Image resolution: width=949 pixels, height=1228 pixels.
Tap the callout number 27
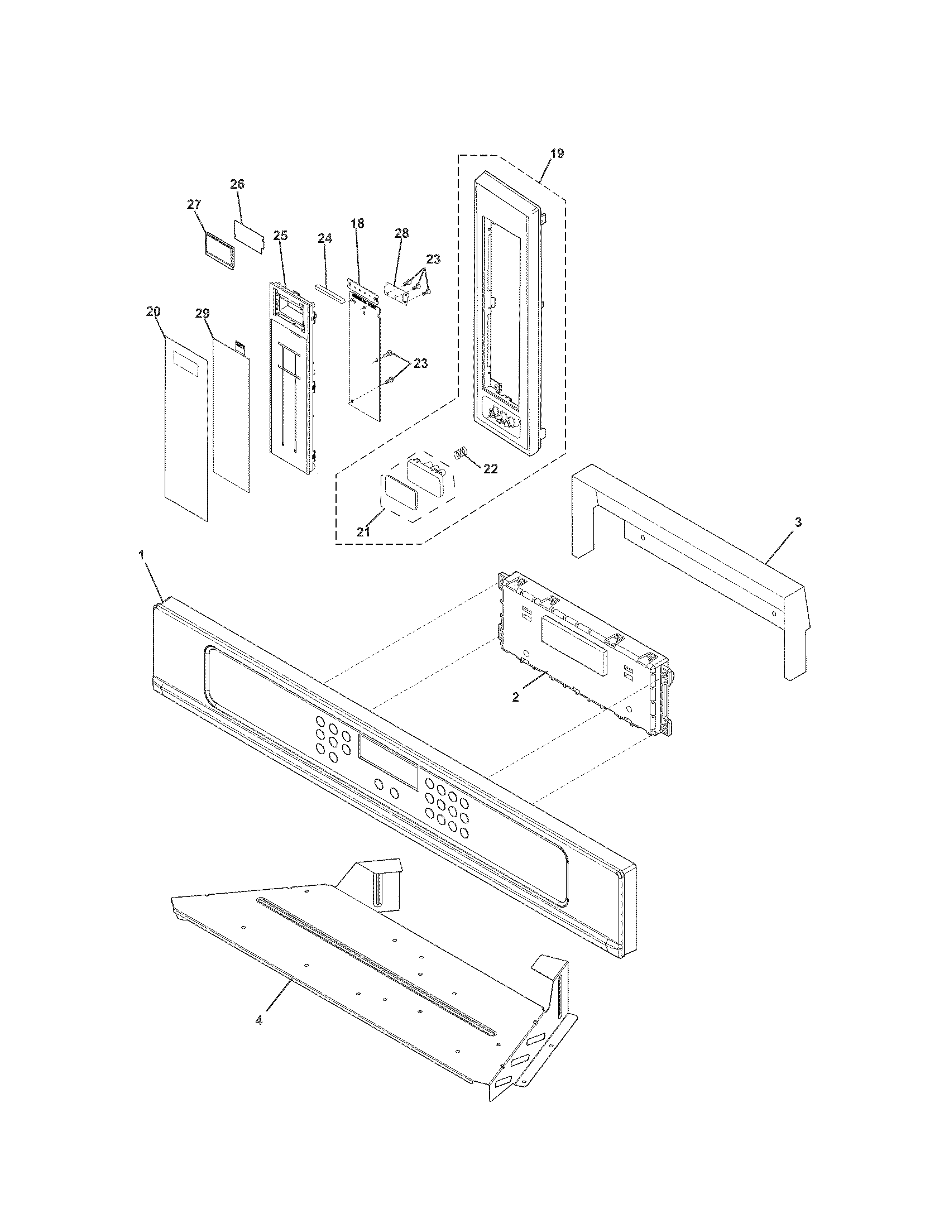[194, 205]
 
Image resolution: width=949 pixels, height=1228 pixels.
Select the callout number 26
[237, 184]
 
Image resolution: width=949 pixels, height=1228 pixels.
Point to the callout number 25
[281, 236]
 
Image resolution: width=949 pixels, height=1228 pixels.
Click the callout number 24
[324, 238]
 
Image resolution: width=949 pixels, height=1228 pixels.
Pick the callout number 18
[357, 223]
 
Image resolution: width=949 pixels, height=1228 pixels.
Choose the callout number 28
[401, 233]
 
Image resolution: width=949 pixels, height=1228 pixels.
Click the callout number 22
[490, 469]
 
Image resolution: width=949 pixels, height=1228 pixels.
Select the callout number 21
[363, 531]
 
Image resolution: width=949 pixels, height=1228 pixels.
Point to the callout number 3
[798, 522]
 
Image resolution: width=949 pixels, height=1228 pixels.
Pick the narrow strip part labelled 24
[329, 292]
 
